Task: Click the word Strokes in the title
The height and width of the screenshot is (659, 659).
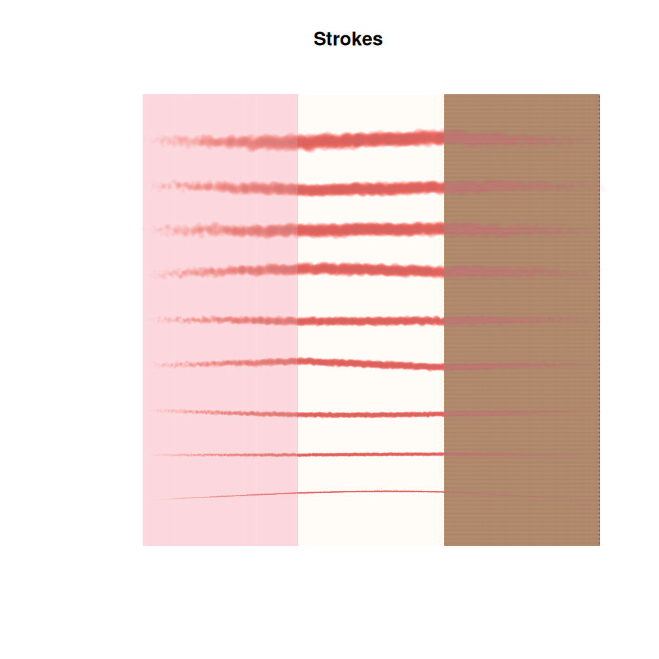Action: tap(348, 39)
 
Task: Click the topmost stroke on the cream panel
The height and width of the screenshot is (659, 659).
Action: tap(371, 139)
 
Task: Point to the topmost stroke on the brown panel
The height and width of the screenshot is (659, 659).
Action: tap(517, 139)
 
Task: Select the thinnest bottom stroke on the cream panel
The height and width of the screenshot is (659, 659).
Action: tap(371, 492)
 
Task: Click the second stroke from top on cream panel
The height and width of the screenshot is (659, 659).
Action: tap(371, 188)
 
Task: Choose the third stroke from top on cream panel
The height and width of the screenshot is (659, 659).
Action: tap(371, 229)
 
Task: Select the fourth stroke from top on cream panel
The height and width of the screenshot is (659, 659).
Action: tap(371, 269)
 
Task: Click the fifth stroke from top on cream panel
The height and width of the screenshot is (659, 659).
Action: tap(371, 322)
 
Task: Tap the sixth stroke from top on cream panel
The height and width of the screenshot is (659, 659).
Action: tap(371, 363)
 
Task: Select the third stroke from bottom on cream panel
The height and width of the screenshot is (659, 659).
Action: tap(371, 414)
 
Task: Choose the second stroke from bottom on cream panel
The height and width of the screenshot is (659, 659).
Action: tap(371, 454)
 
